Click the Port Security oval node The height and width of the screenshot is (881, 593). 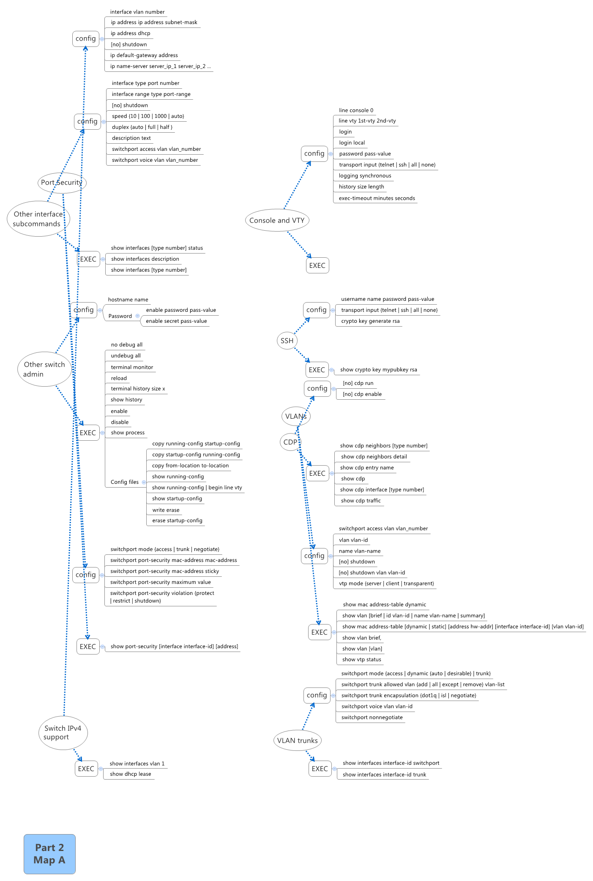(x=62, y=183)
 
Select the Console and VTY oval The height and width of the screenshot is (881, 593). (x=277, y=220)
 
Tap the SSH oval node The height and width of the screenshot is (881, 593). (x=287, y=341)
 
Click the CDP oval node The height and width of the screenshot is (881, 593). (x=290, y=442)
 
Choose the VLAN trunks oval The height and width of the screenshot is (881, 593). (x=297, y=740)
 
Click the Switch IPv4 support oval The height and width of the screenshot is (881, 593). (x=63, y=733)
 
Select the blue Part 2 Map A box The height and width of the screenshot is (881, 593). (x=49, y=854)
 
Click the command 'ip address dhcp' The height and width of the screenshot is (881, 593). (x=130, y=33)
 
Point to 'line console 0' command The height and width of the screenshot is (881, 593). (x=356, y=110)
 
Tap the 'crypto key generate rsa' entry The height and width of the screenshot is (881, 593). (x=370, y=321)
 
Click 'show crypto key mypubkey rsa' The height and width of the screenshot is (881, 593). (x=378, y=370)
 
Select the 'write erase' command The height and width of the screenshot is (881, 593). (x=166, y=510)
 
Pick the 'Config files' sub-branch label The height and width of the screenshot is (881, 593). (x=124, y=482)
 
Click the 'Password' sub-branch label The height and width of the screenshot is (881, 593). (x=120, y=316)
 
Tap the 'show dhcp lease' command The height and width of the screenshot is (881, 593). (x=130, y=774)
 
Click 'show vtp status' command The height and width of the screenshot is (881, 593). (x=361, y=660)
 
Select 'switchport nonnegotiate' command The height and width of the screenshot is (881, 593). (x=372, y=717)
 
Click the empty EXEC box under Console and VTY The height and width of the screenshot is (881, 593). (x=317, y=265)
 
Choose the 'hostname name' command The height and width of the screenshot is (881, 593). (x=128, y=300)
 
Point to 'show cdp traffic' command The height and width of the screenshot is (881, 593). (x=361, y=501)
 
